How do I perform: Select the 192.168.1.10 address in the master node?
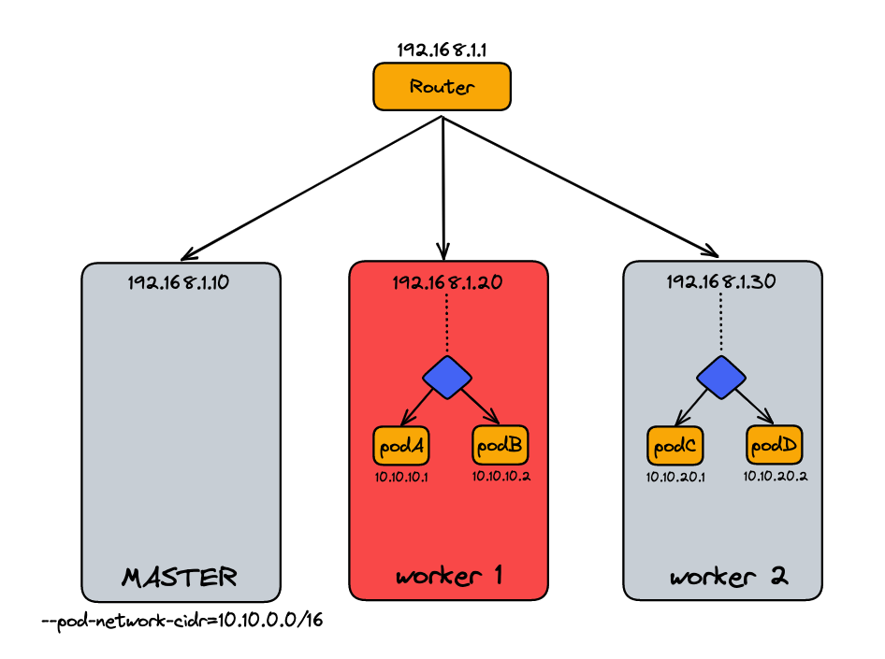(181, 281)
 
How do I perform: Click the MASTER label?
(180, 577)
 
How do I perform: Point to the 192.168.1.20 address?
(448, 281)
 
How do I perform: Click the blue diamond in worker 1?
(447, 376)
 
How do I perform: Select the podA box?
(399, 446)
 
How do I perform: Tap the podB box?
(499, 446)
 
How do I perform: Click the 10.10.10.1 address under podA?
(399, 477)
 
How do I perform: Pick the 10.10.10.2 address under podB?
(501, 477)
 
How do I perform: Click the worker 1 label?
(449, 576)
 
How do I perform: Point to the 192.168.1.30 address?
(721, 281)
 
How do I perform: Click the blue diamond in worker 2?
(721, 376)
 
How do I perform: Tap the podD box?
(773, 446)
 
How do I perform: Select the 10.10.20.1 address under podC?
(675, 477)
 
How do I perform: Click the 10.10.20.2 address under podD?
(776, 477)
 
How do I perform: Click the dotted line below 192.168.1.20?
(447, 322)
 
